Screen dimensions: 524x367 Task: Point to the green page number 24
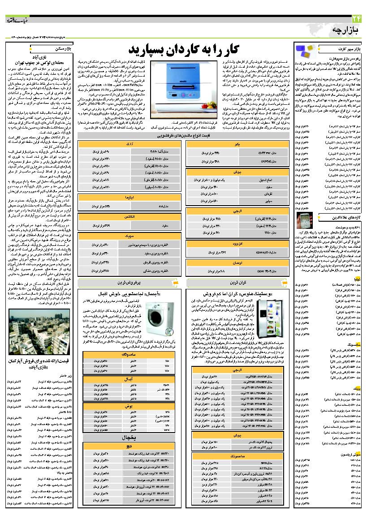tap(354, 18)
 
